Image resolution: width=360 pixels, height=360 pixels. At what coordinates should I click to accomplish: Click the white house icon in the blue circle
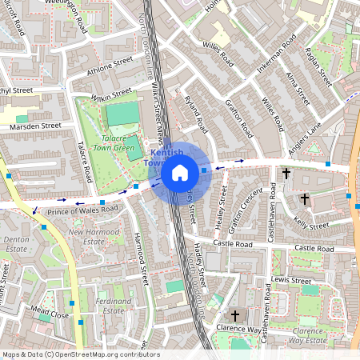[x=180, y=172]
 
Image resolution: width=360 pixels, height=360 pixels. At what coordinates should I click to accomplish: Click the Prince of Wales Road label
[x=82, y=210]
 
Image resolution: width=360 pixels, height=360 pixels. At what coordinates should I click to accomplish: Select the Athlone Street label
[x=110, y=63]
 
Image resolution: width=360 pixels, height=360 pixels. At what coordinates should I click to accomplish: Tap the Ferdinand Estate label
[x=113, y=306]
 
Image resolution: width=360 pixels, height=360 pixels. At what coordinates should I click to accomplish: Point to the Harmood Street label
[x=141, y=259]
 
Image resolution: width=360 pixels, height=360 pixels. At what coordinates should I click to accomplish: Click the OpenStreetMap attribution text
[x=80, y=354]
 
